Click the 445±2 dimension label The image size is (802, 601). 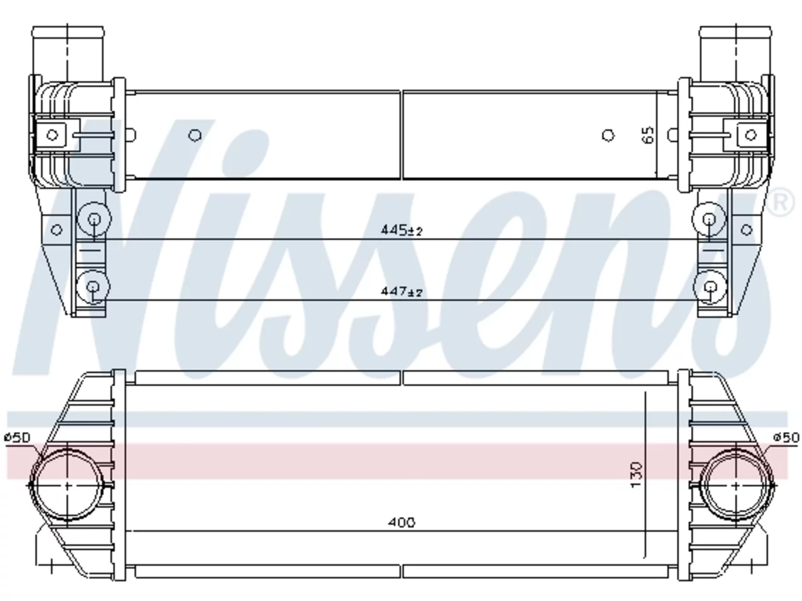401,230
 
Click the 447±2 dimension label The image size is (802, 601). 401,292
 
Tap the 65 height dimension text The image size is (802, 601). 647,135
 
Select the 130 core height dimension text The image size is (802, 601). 636,475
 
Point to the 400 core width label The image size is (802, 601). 401,523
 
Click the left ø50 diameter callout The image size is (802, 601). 18,437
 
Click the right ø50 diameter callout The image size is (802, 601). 786,437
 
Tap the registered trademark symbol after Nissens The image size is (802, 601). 779,202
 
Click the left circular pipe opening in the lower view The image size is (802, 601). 67,485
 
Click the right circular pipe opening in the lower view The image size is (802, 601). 736,485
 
